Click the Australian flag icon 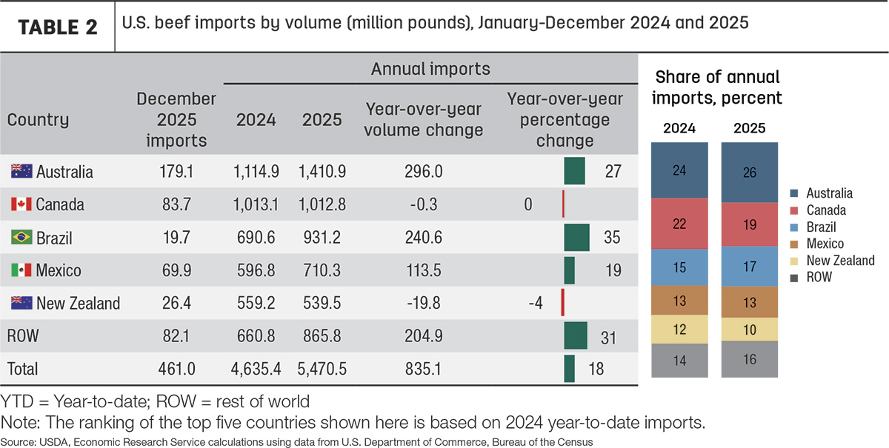tap(21, 171)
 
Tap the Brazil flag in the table tap(21, 237)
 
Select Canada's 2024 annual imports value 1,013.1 tap(256, 204)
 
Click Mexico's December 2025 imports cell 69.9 tap(176, 270)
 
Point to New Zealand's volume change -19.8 tap(424, 303)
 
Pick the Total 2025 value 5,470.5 tap(322, 369)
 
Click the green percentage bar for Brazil tap(576, 237)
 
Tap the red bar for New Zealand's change tap(563, 302)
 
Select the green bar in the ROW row tap(576, 335)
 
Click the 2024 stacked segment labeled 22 tap(679, 224)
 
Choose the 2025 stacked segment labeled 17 tap(749, 267)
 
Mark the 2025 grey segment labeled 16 tap(749, 359)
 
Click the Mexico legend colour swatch tap(794, 244)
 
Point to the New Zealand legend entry tap(833, 261)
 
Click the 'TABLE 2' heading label tap(58, 27)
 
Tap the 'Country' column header tap(38, 119)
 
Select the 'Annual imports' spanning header tap(430, 69)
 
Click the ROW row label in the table tap(23, 336)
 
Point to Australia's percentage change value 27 tap(613, 171)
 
